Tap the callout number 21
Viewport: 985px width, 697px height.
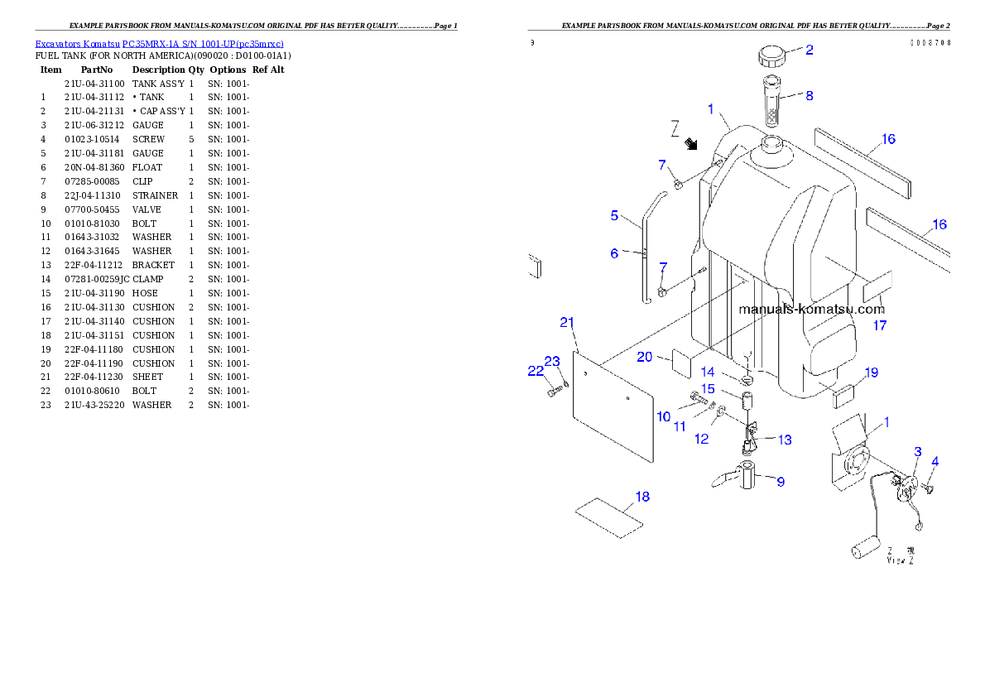(567, 323)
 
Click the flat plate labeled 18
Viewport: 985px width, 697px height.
(609, 518)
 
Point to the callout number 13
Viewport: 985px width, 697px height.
(784, 440)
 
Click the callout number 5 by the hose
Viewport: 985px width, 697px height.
(614, 215)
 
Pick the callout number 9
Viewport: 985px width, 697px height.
(780, 481)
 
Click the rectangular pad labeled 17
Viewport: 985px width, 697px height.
(877, 287)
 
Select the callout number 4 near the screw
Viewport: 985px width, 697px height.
(935, 461)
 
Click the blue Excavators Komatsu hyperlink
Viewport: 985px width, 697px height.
(159, 43)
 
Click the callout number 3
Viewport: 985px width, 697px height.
(917, 451)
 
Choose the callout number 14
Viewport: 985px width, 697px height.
(708, 372)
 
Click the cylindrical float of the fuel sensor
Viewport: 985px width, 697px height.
(863, 548)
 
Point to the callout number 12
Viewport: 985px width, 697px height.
(702, 439)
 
